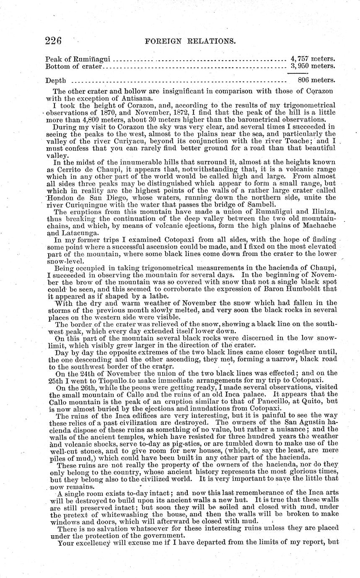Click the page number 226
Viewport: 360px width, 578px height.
point(54,41)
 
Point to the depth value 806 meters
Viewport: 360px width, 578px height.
point(316,80)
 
